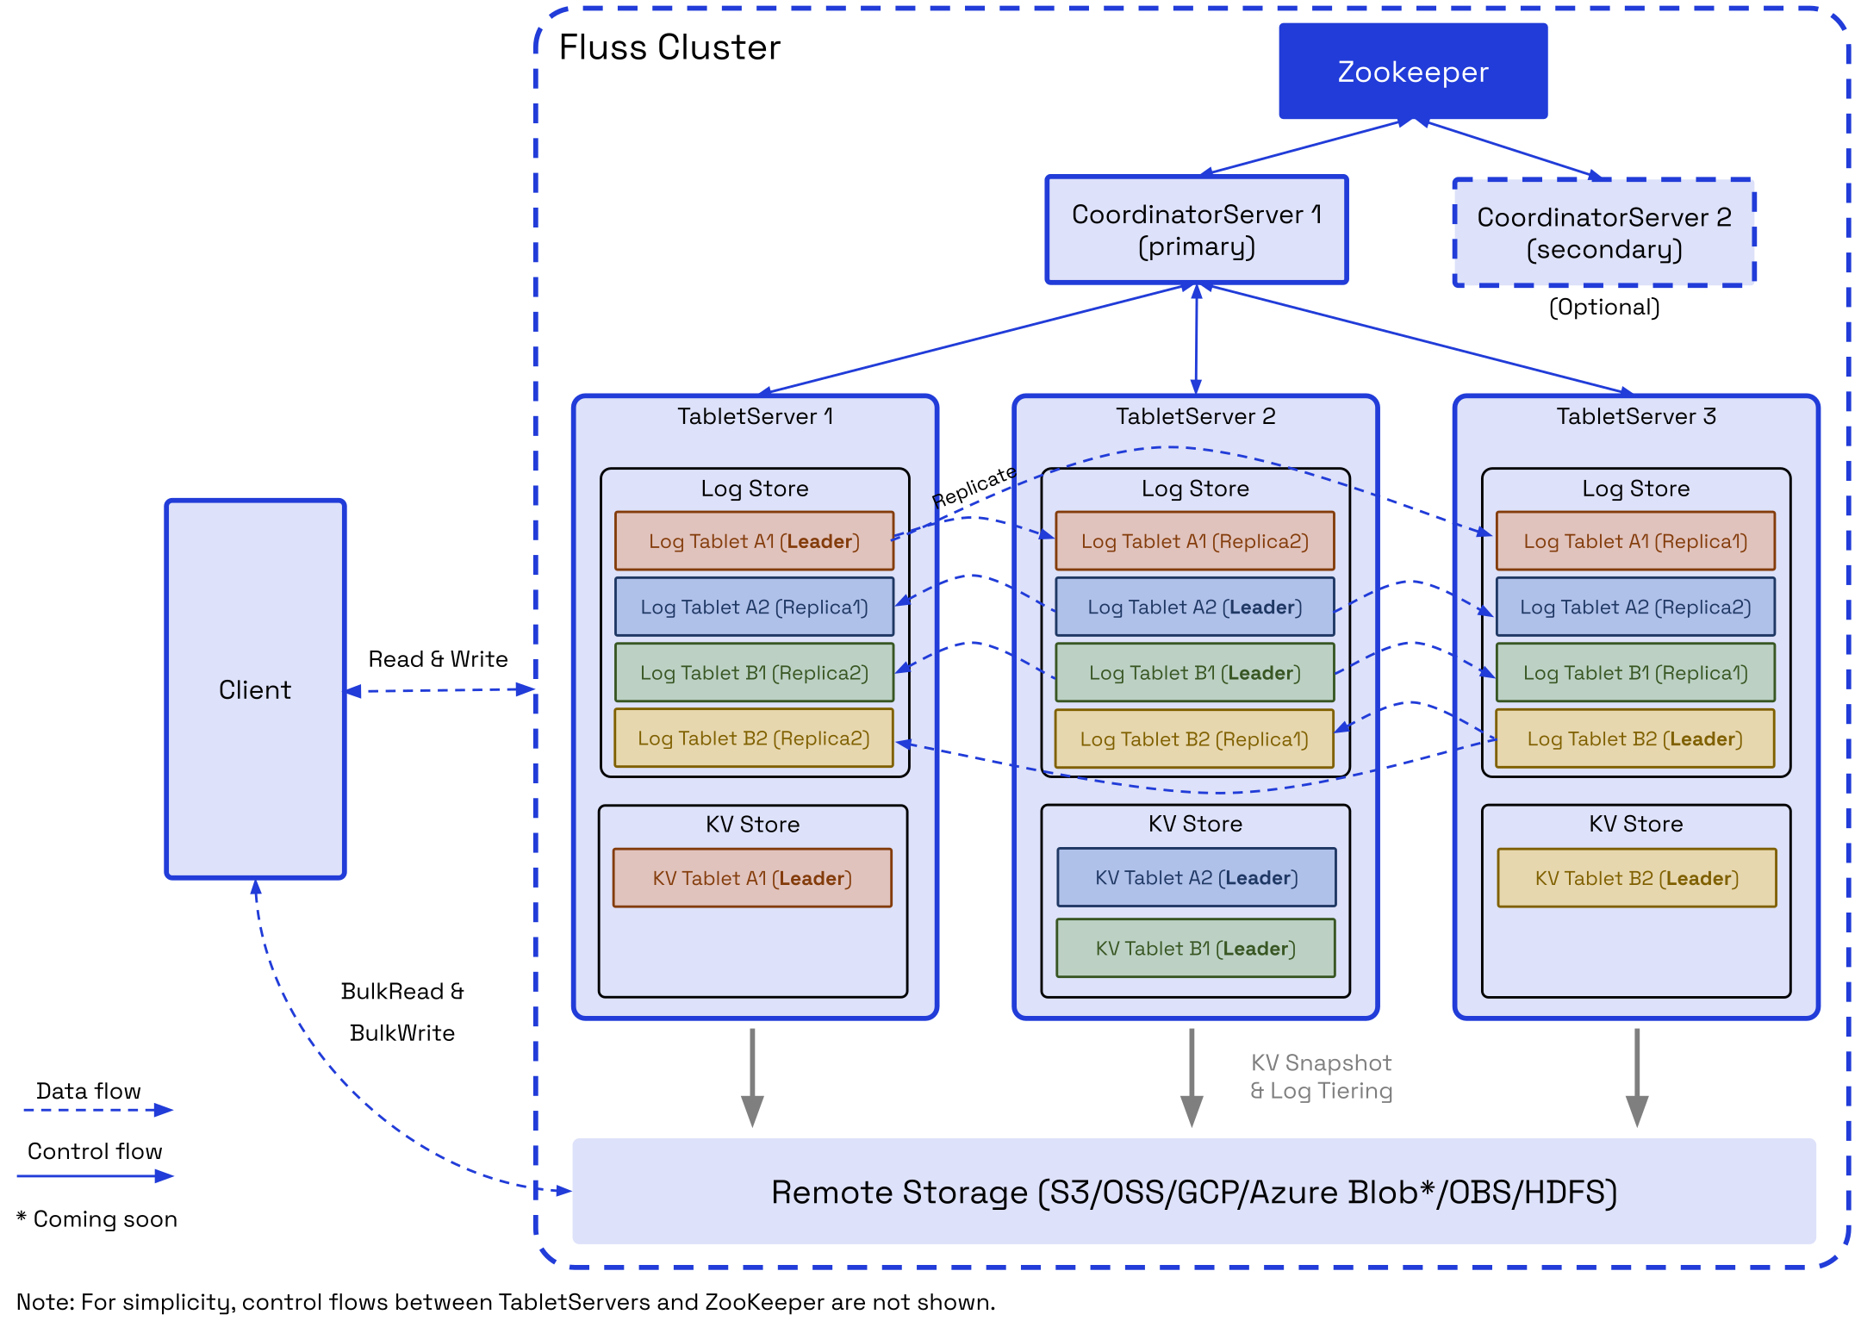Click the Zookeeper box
(1412, 72)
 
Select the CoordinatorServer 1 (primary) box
(1196, 230)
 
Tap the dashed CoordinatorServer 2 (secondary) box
(1603, 233)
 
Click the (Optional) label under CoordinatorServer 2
(1603, 308)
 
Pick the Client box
(255, 689)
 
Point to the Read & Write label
(438, 659)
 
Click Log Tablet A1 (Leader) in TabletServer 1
(754, 541)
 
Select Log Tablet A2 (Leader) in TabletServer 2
(1194, 607)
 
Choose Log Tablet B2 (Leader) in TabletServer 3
(1634, 738)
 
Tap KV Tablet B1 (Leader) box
(1195, 949)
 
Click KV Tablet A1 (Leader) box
(752, 878)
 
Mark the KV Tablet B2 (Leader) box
(1636, 878)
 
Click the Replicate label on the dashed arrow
(974, 486)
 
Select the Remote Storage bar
(1193, 1192)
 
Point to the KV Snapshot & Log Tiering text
(1321, 1077)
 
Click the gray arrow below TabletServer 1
(752, 1077)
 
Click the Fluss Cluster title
(669, 47)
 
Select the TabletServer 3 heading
(1635, 417)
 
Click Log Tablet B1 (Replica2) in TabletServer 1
(754, 673)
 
